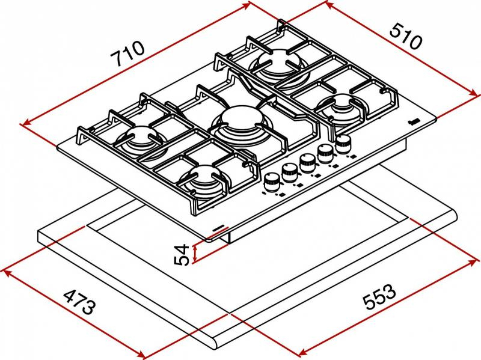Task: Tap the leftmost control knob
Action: coord(272,180)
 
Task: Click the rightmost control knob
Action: coord(344,143)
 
